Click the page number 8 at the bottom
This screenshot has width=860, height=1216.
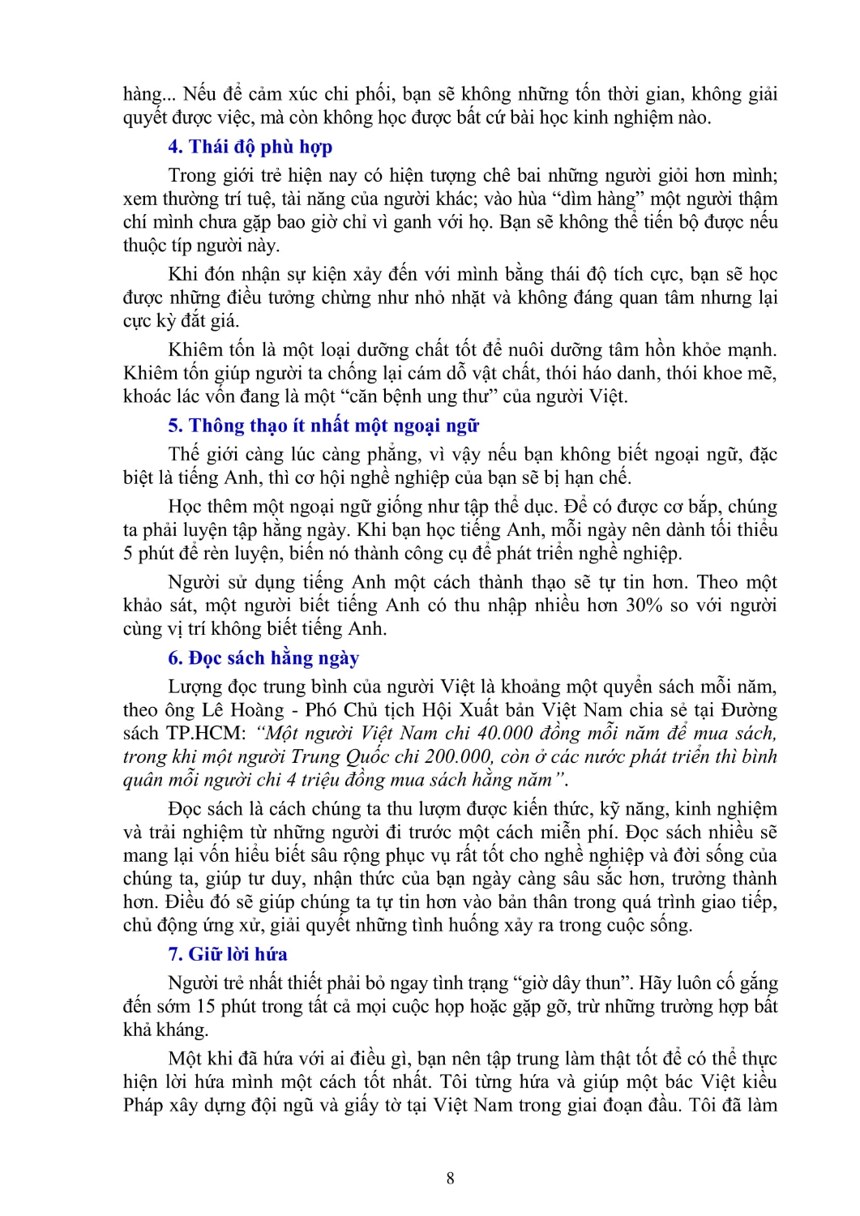pos(450,1178)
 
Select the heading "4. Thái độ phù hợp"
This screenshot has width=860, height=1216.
pos(250,147)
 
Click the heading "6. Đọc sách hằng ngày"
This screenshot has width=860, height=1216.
pos(263,657)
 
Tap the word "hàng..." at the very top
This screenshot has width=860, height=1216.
pos(148,95)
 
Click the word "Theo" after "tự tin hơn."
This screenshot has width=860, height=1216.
pos(718,582)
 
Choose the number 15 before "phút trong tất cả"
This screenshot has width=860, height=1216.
pos(206,1007)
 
